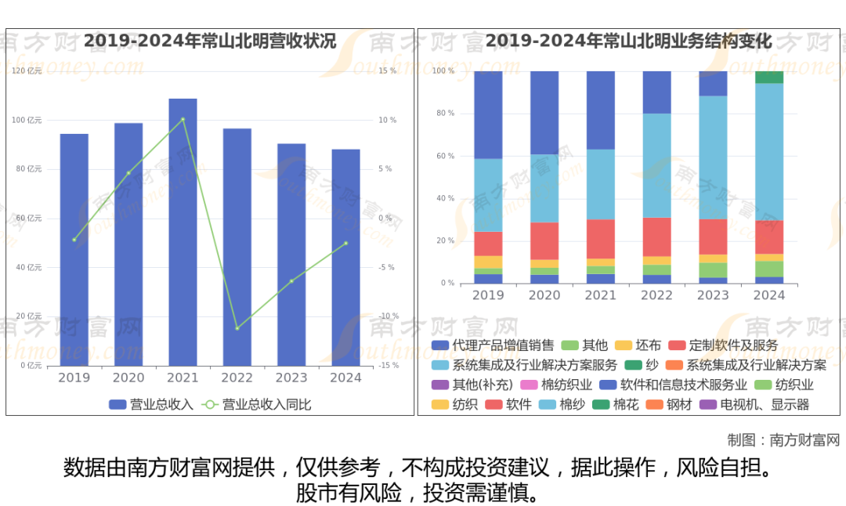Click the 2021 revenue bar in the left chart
point(183,235)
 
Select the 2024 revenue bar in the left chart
point(345,258)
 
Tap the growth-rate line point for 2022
point(237,328)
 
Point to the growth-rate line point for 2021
point(183,119)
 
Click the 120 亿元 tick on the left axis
point(28,71)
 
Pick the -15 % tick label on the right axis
point(388,366)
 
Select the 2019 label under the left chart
point(74,378)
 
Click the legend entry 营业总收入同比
point(257,405)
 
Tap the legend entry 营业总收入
point(151,405)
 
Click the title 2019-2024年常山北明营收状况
point(210,41)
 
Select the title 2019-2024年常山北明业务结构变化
point(629,41)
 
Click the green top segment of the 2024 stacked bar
point(768,77)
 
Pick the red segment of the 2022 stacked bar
point(656,237)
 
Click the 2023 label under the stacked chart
point(713,296)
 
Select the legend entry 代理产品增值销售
point(493,345)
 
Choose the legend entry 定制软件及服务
point(723,345)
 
